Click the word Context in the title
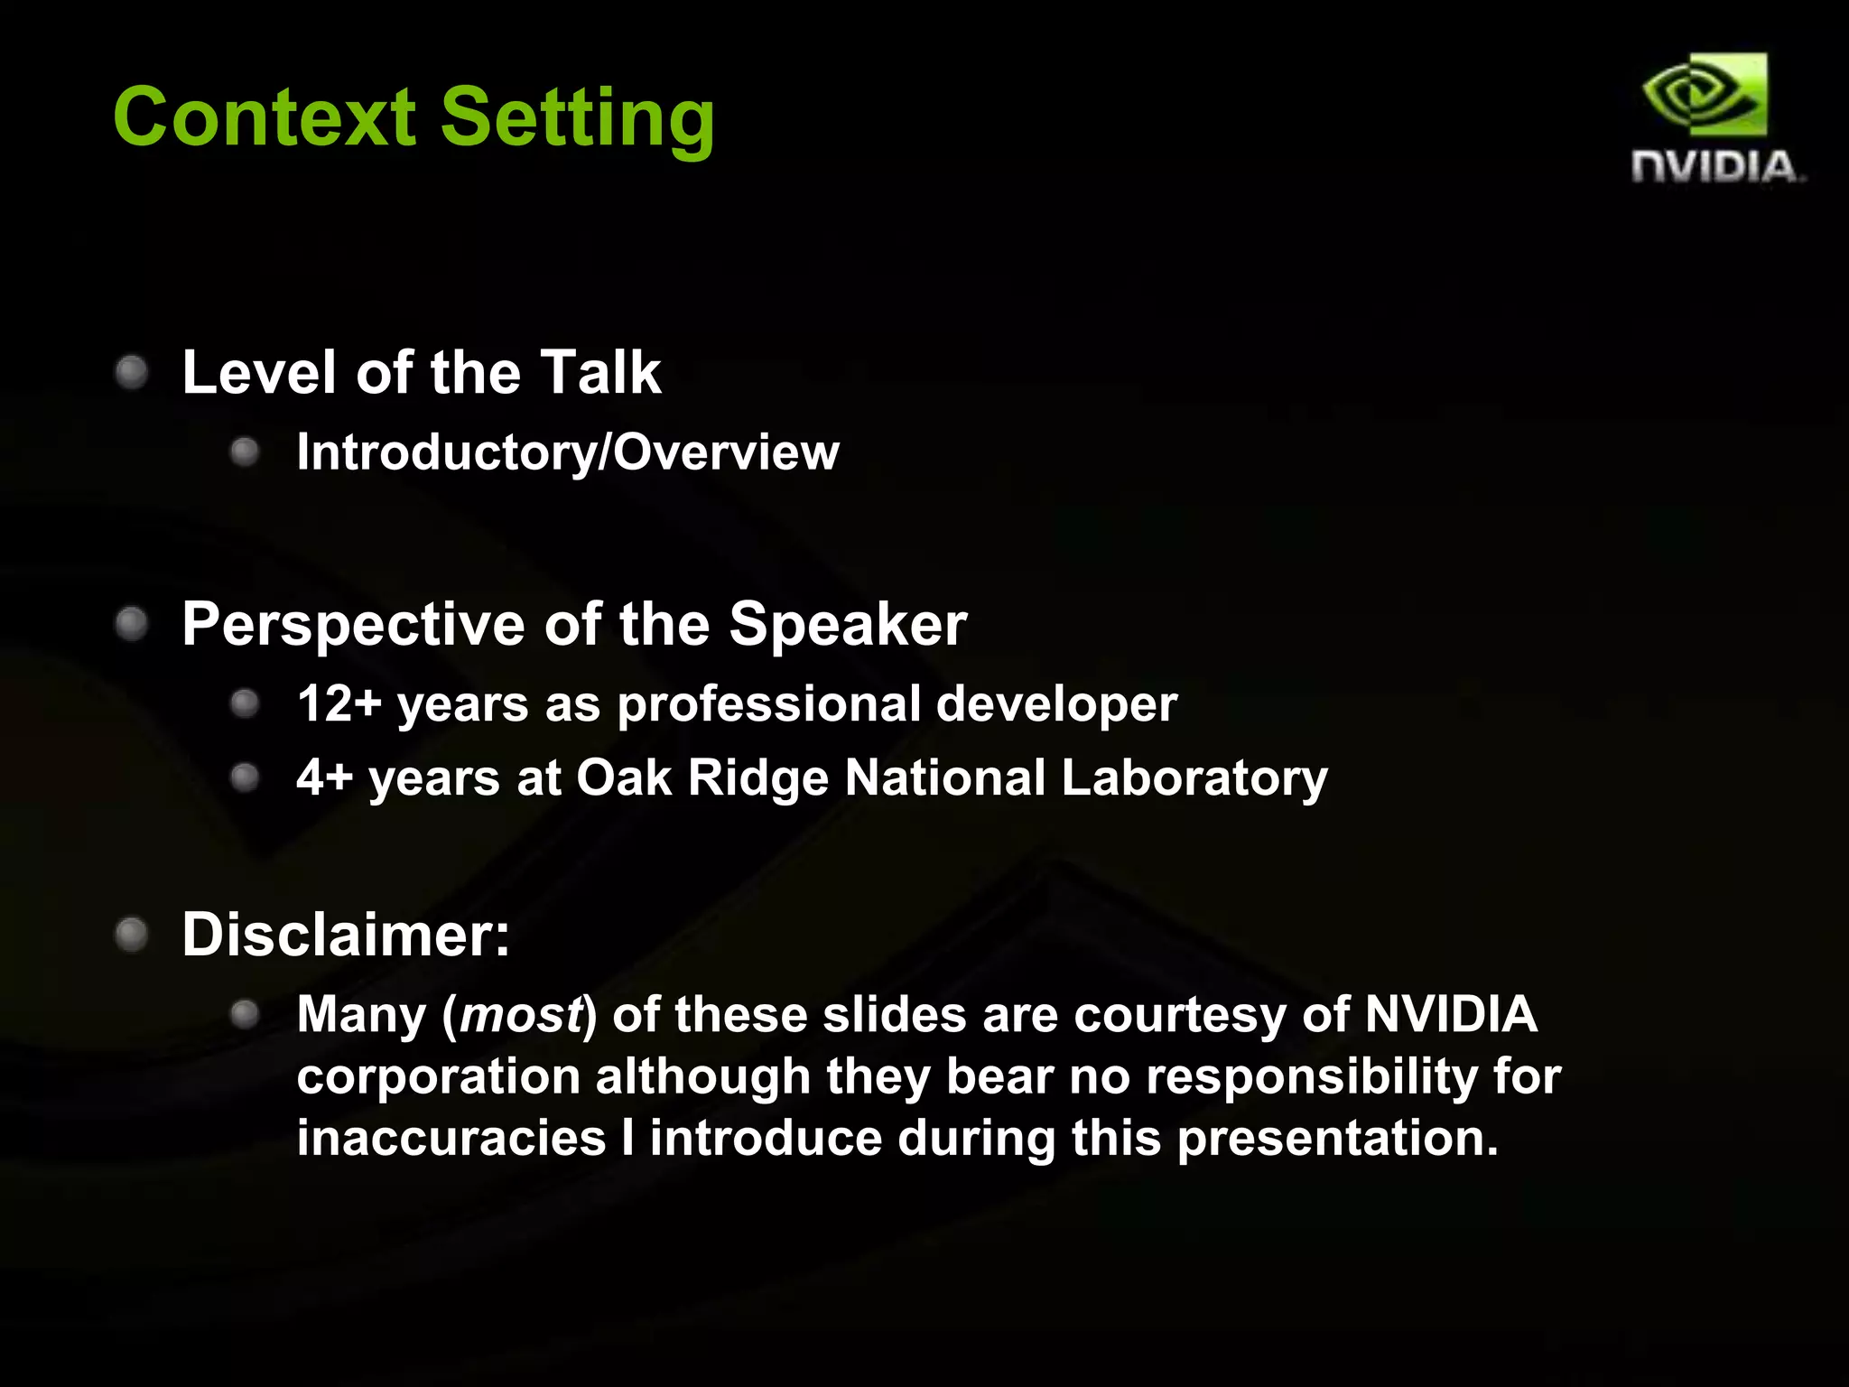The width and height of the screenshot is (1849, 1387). [x=264, y=117]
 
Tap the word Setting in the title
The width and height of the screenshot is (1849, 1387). [x=578, y=119]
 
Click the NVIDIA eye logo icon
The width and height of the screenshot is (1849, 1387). [x=1705, y=94]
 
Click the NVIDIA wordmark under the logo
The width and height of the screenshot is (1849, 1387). [x=1715, y=168]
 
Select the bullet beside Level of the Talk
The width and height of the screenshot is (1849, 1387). [x=132, y=372]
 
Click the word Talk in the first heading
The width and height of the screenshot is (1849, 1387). [x=600, y=372]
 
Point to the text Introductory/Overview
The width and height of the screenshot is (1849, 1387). [x=567, y=451]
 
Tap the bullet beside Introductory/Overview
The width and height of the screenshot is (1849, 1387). [x=245, y=451]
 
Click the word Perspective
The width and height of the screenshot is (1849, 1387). [x=353, y=625]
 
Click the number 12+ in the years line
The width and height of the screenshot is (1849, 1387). [x=339, y=703]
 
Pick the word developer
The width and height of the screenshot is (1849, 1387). [x=1056, y=703]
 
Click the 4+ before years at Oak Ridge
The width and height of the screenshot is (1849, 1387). [x=323, y=777]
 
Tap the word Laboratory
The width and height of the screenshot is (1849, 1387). [x=1194, y=778]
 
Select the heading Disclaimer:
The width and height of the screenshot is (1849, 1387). [x=346, y=935]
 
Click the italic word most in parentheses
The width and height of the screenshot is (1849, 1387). [x=521, y=1015]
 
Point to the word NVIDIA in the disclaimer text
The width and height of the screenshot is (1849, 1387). [x=1450, y=1014]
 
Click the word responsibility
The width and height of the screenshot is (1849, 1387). [x=1311, y=1077]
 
